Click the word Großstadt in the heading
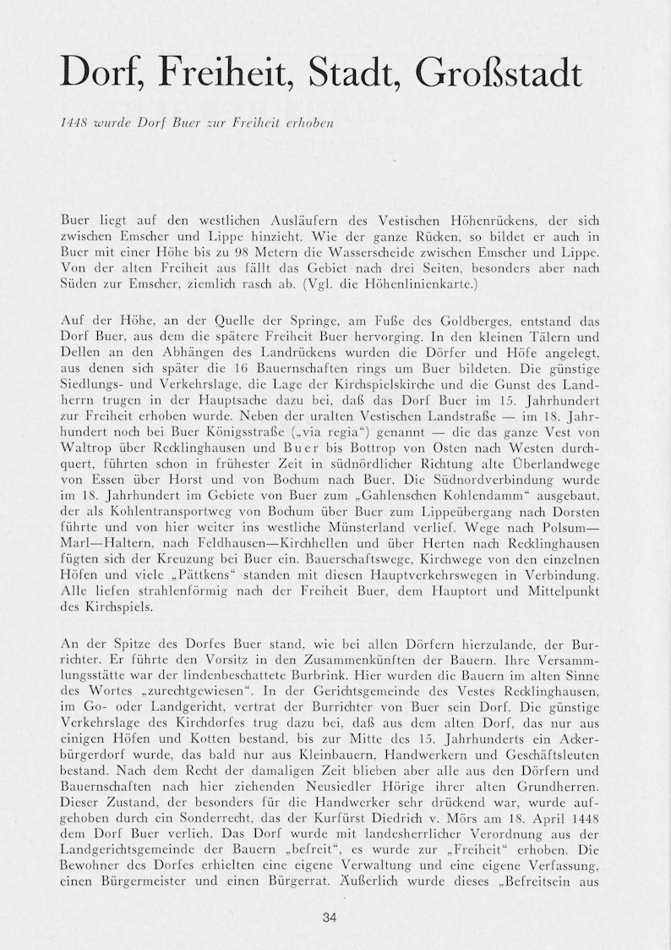499,74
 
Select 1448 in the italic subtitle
75,122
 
